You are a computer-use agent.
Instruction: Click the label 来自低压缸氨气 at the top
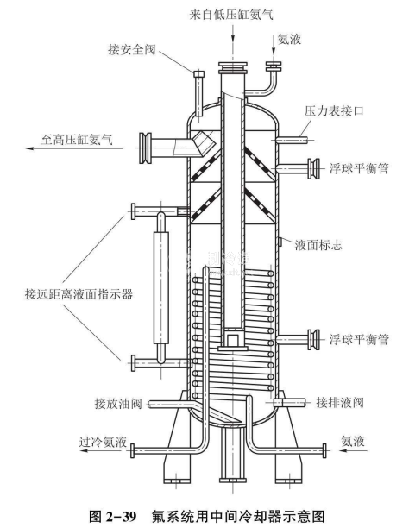pos(231,15)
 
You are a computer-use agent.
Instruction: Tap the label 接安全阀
pos(132,49)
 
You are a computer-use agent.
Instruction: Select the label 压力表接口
pos(334,110)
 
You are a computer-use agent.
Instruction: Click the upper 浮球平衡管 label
pos(359,168)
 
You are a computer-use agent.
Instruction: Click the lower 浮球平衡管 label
pos(359,339)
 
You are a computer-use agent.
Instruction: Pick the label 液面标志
pos(318,245)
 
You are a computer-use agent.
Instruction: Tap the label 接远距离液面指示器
pos(79,294)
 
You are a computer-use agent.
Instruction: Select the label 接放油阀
pos(118,403)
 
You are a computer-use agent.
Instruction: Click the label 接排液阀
pos(340,402)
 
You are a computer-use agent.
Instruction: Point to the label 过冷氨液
pos(103,442)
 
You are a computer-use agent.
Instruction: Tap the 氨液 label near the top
pos(289,40)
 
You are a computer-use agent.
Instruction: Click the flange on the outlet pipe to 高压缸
pos(146,148)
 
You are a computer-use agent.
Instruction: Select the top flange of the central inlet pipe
pos(232,67)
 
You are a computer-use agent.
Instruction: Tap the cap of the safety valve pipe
pos(199,73)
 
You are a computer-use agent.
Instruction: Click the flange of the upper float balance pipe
pos(314,168)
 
